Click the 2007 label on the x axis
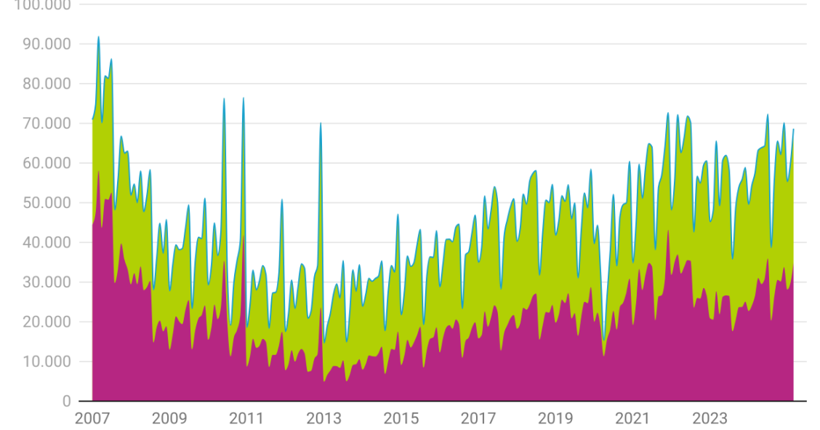point(92,418)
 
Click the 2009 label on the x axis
point(169,418)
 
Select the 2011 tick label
point(246,418)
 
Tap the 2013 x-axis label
point(323,418)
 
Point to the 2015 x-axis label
point(401,418)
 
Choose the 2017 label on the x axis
point(478,418)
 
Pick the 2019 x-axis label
point(555,418)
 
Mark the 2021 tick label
point(632,418)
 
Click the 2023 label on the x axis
point(710,418)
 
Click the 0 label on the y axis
point(66,401)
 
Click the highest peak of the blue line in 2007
point(99,36)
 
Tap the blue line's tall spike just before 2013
point(321,123)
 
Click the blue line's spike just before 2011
point(243,97)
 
